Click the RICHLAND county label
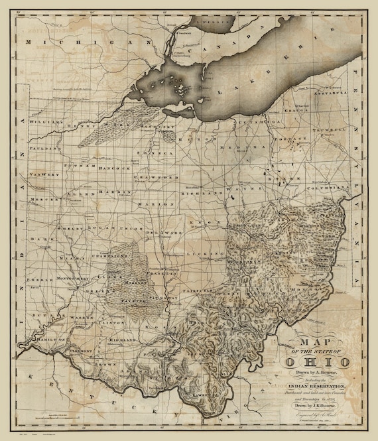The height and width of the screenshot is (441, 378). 199,193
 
